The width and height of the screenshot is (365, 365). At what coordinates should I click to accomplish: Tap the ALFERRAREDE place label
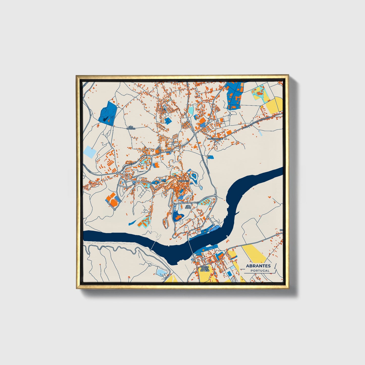[x=215, y=139]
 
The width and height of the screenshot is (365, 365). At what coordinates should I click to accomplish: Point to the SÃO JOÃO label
[x=188, y=207]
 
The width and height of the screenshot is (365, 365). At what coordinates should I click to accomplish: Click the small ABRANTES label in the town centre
[x=183, y=181]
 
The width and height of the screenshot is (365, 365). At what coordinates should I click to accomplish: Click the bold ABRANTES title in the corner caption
[x=258, y=266]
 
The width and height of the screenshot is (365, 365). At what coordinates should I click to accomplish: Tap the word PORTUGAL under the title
[x=260, y=271]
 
